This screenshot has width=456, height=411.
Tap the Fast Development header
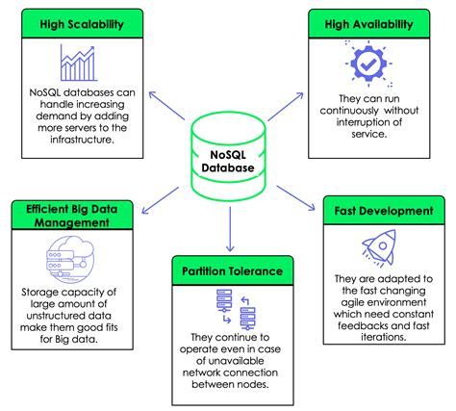point(384,210)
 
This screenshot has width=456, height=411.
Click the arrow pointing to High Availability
point(299,109)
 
